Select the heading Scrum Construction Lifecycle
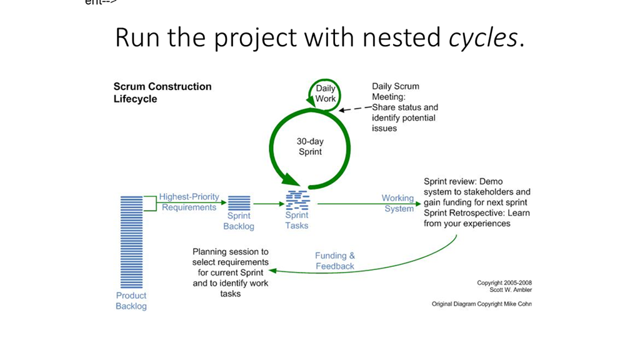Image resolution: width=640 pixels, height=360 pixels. click(162, 92)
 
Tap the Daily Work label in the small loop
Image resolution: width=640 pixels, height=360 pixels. click(325, 94)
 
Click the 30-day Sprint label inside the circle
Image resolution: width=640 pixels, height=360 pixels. click(310, 146)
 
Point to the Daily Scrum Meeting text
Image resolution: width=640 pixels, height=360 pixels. click(396, 91)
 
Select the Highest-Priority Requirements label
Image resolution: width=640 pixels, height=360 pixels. click(189, 202)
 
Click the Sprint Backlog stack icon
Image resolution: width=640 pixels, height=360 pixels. click(239, 203)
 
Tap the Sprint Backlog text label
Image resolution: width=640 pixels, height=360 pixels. click(239, 221)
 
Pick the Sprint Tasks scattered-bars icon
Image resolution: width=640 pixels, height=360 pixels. click(297, 200)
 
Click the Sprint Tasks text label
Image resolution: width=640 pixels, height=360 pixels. click(297, 220)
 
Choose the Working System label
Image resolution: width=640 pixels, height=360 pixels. click(398, 203)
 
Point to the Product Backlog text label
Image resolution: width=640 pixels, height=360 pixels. click(131, 301)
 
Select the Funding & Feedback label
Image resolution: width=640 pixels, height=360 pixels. click(335, 261)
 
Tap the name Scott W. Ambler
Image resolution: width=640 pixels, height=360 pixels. click(511, 290)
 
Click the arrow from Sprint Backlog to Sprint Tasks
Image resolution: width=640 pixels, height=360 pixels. click(269, 204)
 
